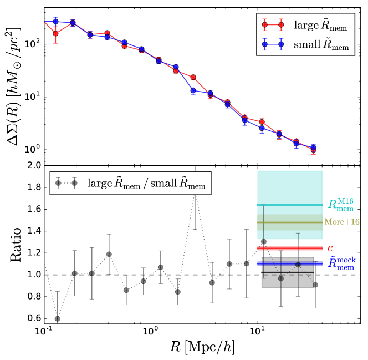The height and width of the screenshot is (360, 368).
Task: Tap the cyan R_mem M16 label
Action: [x=340, y=205]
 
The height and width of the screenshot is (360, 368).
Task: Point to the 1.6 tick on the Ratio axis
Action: [x=32, y=209]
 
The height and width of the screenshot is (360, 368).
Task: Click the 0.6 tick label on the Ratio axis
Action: [x=32, y=318]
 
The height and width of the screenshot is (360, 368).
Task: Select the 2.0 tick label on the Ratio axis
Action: [x=32, y=165]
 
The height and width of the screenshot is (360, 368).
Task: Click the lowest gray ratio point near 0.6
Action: [x=57, y=318]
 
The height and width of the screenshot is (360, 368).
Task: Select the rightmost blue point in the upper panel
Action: [x=314, y=148]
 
